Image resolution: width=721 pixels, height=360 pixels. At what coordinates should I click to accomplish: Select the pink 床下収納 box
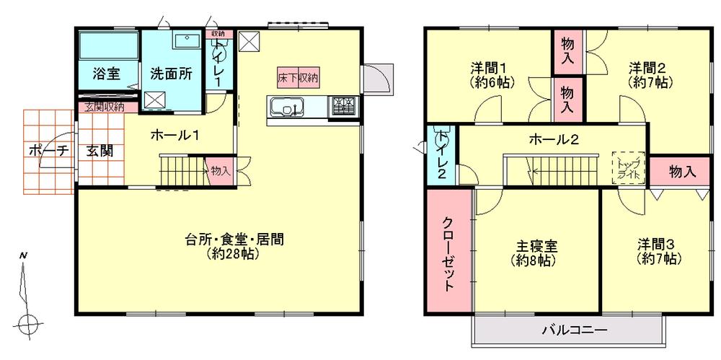pos(299,74)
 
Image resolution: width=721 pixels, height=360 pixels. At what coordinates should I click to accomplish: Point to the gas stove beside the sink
pos(344,107)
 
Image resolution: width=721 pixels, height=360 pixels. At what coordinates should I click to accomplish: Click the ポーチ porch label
pos(48,151)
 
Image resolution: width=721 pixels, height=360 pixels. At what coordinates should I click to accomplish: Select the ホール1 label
pos(175,134)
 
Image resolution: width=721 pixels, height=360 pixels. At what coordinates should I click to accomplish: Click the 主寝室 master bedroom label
pos(533,247)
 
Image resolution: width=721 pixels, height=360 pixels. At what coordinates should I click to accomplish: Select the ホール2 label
pos(554,140)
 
